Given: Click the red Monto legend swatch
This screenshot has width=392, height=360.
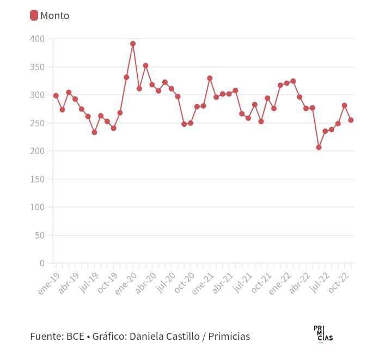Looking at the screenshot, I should point(34,15).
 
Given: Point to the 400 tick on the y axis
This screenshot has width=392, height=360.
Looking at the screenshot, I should point(38,39).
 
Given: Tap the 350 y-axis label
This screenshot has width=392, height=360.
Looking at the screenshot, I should point(38,67).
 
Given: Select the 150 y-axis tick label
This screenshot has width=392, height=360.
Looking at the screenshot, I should point(38,179).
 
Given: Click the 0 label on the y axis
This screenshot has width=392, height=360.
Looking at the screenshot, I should point(42,263).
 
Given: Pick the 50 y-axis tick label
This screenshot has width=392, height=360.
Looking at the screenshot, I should point(40,235).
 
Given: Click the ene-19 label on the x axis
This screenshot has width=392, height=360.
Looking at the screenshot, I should point(48,284).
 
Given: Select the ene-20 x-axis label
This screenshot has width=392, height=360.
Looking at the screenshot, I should point(126,284).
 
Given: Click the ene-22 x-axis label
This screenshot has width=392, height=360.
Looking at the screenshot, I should point(280,284).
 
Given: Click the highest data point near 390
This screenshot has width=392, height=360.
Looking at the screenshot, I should point(133,44).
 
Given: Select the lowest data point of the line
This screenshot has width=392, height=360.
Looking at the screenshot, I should point(319,147).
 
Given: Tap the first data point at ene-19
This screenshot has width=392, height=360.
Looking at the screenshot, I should point(56,95).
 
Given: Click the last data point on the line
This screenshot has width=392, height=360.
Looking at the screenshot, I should point(351,120).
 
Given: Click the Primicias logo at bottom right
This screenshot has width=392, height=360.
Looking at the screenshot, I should point(323,334).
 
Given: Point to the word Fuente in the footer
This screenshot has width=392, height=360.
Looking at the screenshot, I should point(46,337).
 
